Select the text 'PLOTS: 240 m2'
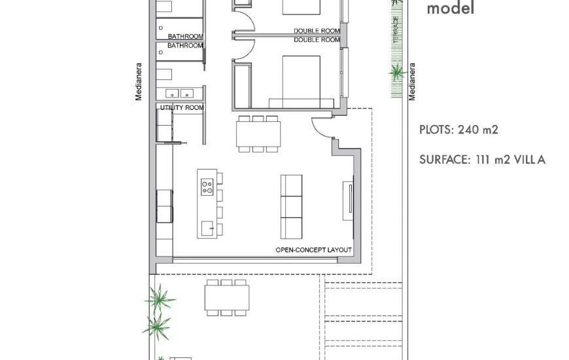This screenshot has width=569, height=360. point(458,130)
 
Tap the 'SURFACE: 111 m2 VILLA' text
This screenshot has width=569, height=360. point(482,159)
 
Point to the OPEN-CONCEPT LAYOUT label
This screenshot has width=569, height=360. point(313,250)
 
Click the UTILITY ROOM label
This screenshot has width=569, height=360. point(182,107)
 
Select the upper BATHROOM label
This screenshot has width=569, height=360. point(185,37)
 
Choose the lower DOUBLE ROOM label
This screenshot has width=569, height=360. point(317,40)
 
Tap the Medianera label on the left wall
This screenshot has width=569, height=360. point(139,82)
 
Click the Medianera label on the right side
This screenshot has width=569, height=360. point(412,82)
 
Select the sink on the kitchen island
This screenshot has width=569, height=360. point(207,227)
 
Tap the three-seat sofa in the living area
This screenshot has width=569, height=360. point(291,206)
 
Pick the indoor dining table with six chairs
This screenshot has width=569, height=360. point(258,134)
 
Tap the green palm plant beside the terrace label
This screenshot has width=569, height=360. point(396,73)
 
